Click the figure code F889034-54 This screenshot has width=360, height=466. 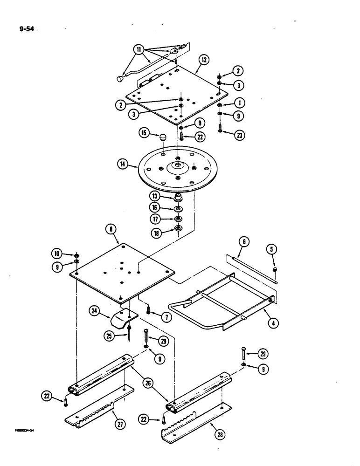pos(20,431)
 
